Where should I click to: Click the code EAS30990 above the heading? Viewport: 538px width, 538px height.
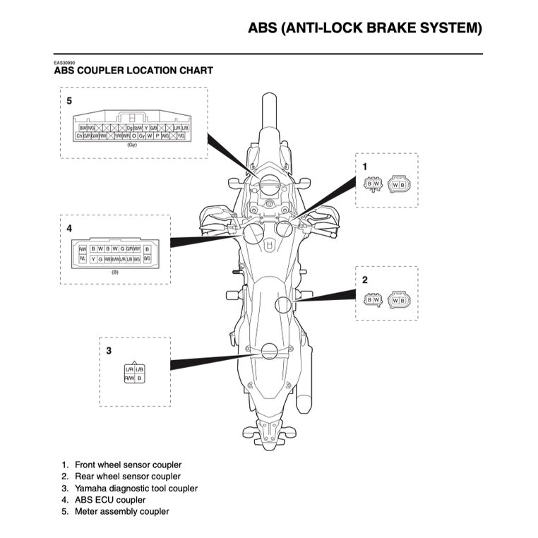click(65, 63)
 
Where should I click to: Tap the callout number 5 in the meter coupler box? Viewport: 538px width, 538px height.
click(69, 101)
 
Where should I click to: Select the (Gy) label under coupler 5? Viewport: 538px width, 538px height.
click(131, 145)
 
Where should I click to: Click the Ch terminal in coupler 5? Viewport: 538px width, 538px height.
click(79, 135)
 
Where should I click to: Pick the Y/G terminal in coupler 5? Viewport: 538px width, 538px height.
click(181, 135)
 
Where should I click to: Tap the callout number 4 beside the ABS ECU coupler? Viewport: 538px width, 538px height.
click(69, 228)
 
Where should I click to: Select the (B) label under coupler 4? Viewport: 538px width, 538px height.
click(114, 271)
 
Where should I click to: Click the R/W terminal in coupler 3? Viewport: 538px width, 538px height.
click(129, 378)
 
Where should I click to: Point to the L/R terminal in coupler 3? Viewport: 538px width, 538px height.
click(129, 370)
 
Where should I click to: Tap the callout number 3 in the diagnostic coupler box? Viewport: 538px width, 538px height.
click(108, 350)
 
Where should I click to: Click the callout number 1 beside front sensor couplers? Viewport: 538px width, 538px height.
click(364, 167)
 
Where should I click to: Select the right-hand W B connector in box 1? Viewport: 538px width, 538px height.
click(399, 184)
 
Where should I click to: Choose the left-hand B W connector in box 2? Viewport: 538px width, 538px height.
click(372, 299)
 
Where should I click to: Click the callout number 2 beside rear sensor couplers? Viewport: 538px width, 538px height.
click(364, 280)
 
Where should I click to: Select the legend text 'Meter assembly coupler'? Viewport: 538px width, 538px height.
click(121, 511)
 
